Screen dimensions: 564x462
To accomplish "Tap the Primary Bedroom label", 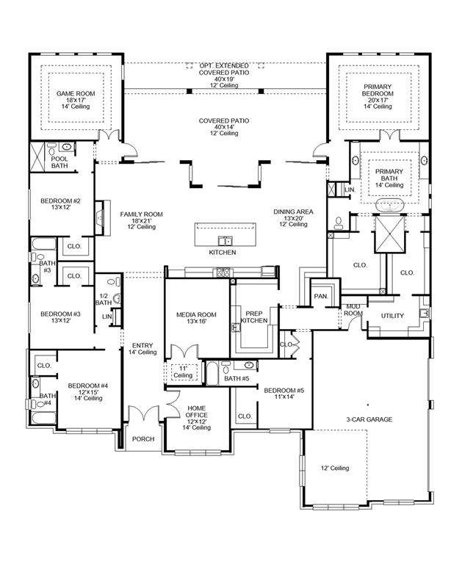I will (x=377, y=90).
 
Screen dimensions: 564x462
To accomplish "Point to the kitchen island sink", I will (x=225, y=240).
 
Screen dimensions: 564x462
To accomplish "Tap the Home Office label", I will (x=196, y=411).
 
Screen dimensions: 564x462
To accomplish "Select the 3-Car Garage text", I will (x=369, y=419).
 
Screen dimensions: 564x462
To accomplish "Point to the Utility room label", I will (x=392, y=316).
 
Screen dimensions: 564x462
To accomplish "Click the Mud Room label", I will (x=353, y=309).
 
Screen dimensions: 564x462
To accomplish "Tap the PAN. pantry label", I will (x=321, y=295).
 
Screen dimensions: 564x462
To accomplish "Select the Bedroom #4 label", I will (x=88, y=386).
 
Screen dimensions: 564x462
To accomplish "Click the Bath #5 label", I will (x=237, y=378).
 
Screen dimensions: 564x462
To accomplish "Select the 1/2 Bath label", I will (x=104, y=299).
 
